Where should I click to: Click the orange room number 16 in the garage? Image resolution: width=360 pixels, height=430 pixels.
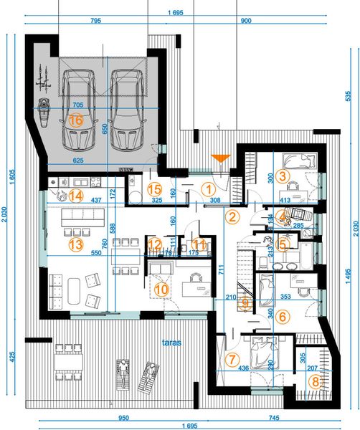pos(76,120)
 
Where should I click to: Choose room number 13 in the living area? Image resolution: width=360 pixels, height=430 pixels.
pos(76,244)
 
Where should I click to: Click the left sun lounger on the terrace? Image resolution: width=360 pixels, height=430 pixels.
pos(124,374)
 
